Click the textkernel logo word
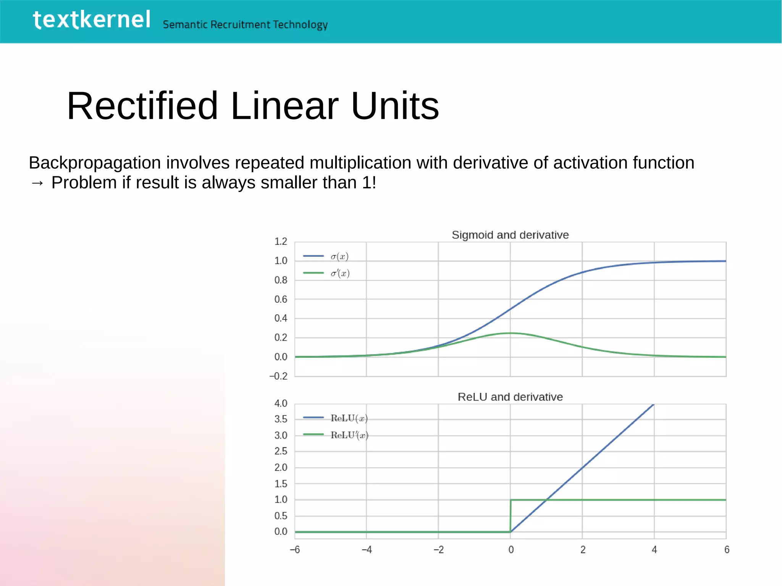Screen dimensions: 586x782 pyautogui.click(x=92, y=20)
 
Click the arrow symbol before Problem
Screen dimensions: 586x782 pyautogui.click(x=37, y=183)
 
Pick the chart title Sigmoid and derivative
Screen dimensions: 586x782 pyautogui.click(x=510, y=235)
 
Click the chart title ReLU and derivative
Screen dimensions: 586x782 pyautogui.click(x=510, y=397)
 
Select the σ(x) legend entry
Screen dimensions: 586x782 pyautogui.click(x=339, y=257)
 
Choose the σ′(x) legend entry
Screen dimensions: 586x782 pyautogui.click(x=340, y=273)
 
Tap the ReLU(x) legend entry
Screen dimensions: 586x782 pyautogui.click(x=349, y=418)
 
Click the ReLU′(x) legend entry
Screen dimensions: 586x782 pyautogui.click(x=349, y=435)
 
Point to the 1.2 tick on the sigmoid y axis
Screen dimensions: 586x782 pyautogui.click(x=281, y=242)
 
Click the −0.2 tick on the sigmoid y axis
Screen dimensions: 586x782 pyautogui.click(x=279, y=376)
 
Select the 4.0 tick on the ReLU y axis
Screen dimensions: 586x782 pyautogui.click(x=281, y=404)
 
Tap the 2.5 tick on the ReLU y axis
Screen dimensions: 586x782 pyautogui.click(x=281, y=451)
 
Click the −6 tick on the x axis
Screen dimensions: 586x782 pyautogui.click(x=295, y=550)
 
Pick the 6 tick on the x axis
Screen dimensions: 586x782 pyautogui.click(x=727, y=550)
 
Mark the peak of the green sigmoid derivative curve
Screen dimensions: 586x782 pyautogui.click(x=511, y=333)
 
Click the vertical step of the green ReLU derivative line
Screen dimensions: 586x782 pyautogui.click(x=511, y=515)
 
